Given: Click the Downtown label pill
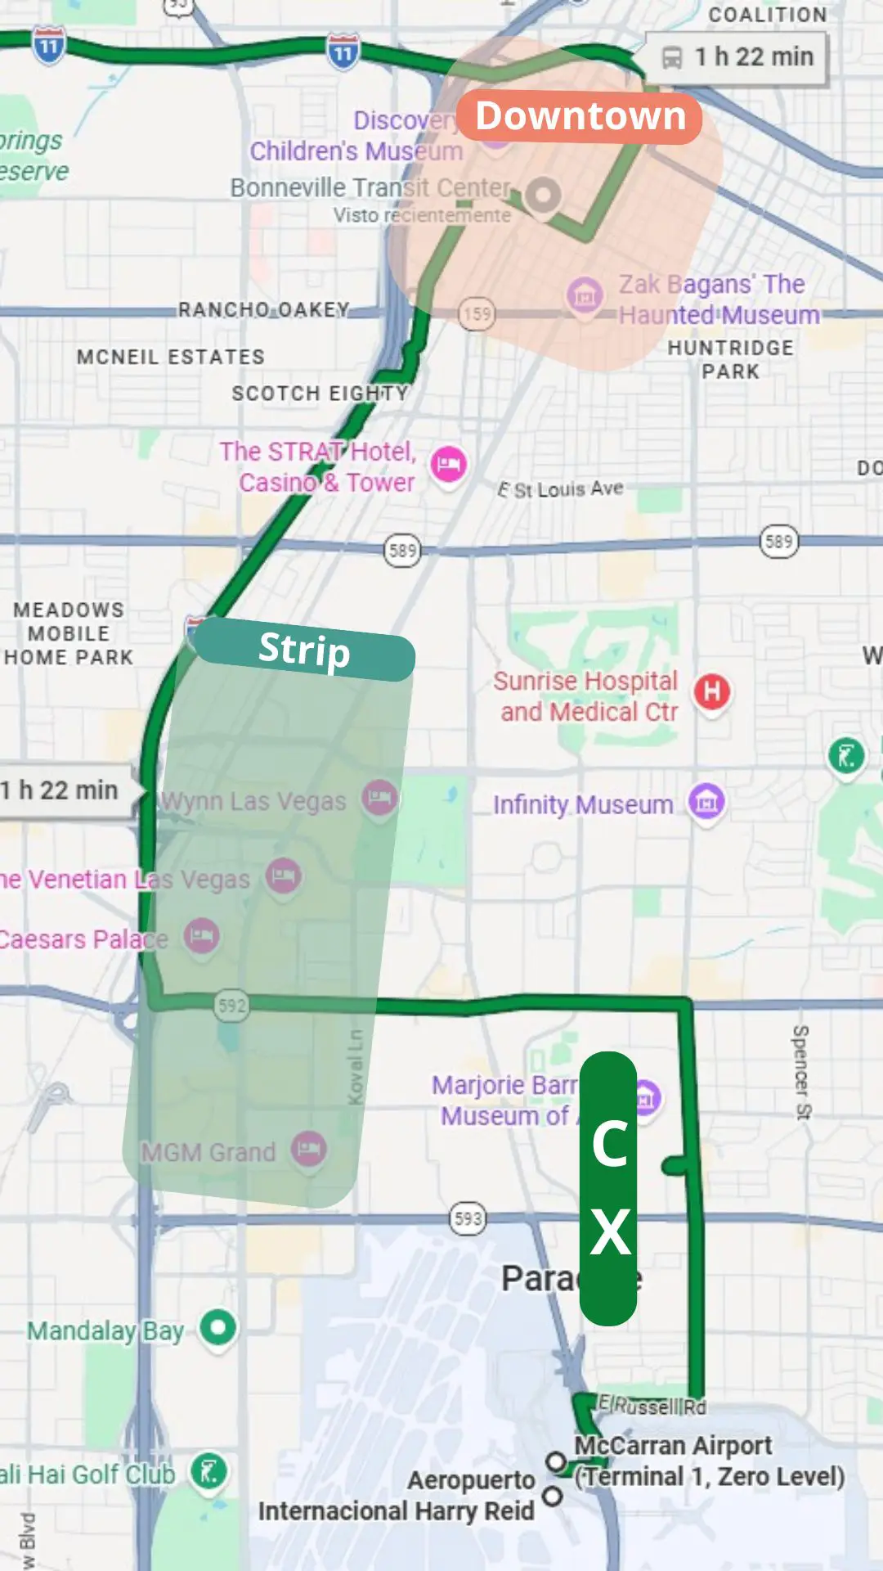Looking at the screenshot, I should point(580,116).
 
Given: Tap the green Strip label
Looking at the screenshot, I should point(304,650).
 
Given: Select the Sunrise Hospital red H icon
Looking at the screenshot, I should point(712,692).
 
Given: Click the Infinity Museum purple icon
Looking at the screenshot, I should point(707,803).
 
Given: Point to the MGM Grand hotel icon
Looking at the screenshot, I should point(309,1150).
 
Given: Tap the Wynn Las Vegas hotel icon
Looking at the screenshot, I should point(379,797).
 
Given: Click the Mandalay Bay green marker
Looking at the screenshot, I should point(217,1327).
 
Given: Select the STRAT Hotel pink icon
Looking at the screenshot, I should point(448,466).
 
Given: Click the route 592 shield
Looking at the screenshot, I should point(232,1006).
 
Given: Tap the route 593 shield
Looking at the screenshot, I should point(468,1219).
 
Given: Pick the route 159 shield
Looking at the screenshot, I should point(477,314).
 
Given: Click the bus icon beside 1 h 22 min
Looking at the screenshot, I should point(672,57).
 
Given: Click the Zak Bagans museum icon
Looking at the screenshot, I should point(585,295).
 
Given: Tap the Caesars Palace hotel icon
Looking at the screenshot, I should point(202,936).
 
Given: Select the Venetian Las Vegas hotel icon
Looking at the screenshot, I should point(284,876).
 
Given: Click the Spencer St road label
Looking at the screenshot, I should point(801,1072).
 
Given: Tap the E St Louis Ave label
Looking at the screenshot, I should point(561,489).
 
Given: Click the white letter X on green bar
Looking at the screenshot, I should point(611,1232).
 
